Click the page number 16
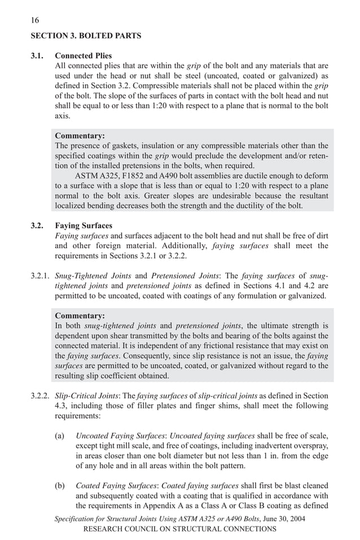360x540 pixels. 35,20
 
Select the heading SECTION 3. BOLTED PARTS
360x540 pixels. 86,36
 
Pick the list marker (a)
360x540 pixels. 59,436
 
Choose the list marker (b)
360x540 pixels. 59,485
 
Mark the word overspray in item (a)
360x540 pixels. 311,446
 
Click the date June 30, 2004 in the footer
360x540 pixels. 280,519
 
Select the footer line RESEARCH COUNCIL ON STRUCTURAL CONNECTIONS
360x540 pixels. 179,529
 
